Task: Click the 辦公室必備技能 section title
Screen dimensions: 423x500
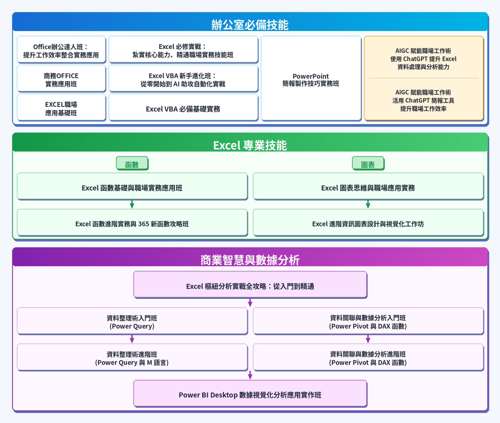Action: click(250, 25)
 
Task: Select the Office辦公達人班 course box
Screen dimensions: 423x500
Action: click(61, 51)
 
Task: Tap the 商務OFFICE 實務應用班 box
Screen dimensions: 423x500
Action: click(61, 80)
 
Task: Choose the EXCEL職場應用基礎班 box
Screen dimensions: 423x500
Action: click(61, 109)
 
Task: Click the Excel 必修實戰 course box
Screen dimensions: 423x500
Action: click(183, 51)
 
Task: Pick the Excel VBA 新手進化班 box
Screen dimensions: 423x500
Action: click(183, 80)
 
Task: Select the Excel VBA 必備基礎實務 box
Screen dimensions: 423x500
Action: click(183, 109)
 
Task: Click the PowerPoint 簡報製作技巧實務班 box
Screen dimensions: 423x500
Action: click(311, 80)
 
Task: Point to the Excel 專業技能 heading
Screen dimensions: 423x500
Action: click(250, 145)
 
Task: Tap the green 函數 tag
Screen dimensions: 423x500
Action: click(132, 164)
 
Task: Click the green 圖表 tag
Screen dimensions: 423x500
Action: click(368, 164)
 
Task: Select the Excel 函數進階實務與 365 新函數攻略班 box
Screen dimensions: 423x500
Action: click(132, 224)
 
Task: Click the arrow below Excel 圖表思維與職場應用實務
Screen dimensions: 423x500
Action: click(368, 204)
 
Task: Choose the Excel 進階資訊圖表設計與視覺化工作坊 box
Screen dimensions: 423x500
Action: click(368, 224)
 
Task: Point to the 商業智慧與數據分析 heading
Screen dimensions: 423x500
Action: click(250, 260)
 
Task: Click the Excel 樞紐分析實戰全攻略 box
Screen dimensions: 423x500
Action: click(250, 286)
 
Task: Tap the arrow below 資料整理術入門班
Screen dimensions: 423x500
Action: click(132, 339)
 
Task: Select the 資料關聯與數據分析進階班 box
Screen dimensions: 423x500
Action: click(368, 358)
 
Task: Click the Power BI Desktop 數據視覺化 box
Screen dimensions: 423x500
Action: click(250, 395)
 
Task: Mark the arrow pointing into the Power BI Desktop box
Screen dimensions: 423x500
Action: click(250, 375)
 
